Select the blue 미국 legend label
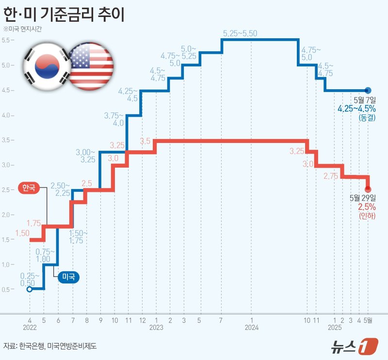pos(68,277)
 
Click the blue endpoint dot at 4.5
pos(368,90)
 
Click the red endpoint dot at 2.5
pos(368,189)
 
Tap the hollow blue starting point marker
pos(30,290)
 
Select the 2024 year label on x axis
pos(252,328)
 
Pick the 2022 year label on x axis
pos(30,328)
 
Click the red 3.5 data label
pos(145,141)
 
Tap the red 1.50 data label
pos(22,234)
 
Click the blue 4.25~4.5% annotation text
pos(356,109)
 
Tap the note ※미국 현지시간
pos(23,29)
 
